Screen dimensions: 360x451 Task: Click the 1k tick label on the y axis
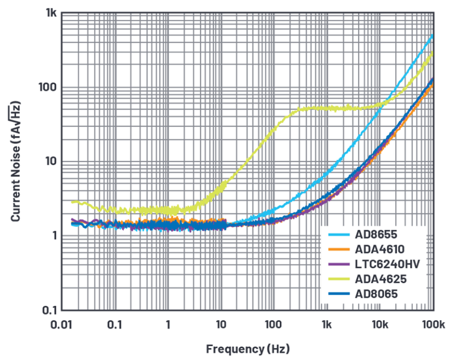pos(49,14)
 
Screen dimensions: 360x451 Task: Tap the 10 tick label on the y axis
pos(50,162)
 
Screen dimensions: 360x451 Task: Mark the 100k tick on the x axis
pos(432,325)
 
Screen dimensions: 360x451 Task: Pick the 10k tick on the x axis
pos(380,325)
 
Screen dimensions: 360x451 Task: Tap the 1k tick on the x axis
pos(327,325)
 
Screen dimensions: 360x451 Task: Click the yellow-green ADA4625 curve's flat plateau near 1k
pos(327,108)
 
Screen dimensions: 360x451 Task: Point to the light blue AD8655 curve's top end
pos(432,35)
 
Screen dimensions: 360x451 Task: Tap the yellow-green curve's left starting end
pos(73,201)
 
